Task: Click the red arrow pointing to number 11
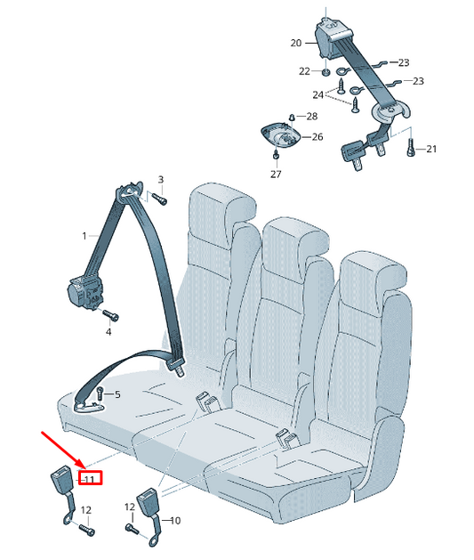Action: click(63, 451)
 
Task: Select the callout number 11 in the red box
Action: click(88, 478)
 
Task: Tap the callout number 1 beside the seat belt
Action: click(84, 236)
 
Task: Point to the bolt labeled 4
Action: click(113, 316)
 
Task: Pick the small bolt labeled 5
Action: click(100, 393)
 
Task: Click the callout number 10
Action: click(174, 520)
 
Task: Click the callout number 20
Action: click(296, 43)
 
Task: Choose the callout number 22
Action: click(304, 71)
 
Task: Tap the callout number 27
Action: click(276, 174)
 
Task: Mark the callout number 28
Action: click(311, 117)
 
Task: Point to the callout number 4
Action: click(108, 331)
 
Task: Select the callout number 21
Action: click(431, 149)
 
